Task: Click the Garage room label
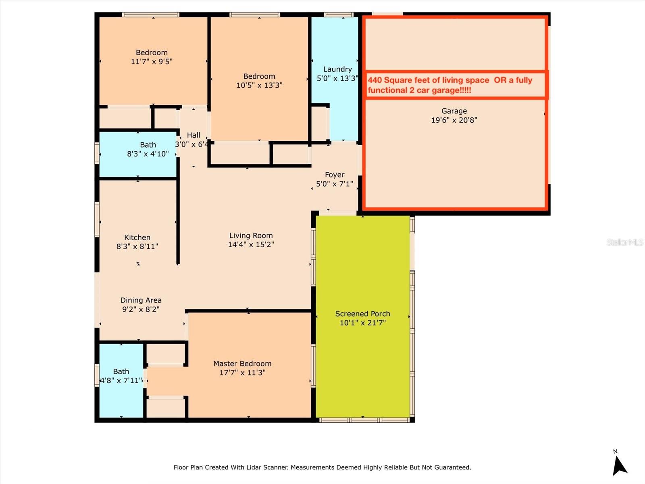[454, 111]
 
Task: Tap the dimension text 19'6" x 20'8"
[454, 120]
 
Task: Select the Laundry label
[337, 69]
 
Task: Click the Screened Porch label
[362, 314]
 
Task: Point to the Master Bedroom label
[242, 364]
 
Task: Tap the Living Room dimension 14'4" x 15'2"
[251, 244]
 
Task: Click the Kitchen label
[137, 238]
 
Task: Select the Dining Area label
[141, 300]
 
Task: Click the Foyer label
[335, 175]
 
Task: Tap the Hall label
[193, 135]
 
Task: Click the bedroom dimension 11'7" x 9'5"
[152, 62]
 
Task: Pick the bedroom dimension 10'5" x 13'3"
[259, 86]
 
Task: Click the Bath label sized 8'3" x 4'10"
[148, 145]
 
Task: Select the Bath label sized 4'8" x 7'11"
[121, 371]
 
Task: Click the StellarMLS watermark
[624, 242]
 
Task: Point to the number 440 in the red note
[375, 80]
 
